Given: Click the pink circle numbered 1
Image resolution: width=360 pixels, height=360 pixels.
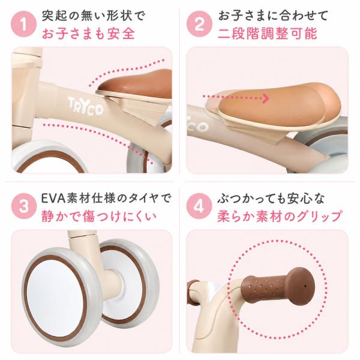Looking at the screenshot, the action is (x=23, y=25).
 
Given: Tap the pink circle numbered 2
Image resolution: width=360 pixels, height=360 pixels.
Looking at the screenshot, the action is (x=199, y=24).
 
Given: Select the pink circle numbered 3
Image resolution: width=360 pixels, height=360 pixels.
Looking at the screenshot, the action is (x=23, y=206).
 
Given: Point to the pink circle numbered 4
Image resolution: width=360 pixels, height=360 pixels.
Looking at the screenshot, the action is (x=199, y=206).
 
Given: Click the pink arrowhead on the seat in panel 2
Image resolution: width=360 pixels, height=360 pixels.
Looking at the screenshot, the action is (x=266, y=98).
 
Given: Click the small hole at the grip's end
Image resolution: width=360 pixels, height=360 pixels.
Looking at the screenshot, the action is (x=305, y=286).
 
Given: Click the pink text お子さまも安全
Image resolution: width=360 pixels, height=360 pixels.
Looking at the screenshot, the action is (x=88, y=34).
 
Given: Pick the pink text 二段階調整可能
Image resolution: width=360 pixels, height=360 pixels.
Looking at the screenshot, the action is (x=268, y=34).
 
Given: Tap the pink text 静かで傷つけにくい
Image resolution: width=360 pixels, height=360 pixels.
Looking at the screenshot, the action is (x=99, y=217).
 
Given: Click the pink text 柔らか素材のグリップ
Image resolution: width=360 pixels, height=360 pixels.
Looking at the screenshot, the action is (x=279, y=216).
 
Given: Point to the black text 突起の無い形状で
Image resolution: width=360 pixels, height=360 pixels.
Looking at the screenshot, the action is (x=94, y=16).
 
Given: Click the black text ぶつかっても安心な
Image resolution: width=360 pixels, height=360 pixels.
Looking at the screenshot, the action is (x=271, y=199).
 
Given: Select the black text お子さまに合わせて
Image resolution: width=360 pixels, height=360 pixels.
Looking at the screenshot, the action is (x=273, y=16).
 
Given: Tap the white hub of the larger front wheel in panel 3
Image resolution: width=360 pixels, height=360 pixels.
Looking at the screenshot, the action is (x=55, y=296).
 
